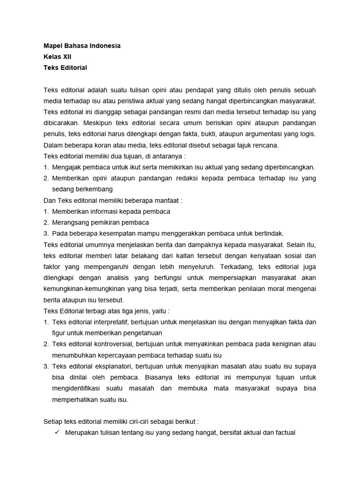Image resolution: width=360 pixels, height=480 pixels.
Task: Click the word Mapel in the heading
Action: [x=53, y=46]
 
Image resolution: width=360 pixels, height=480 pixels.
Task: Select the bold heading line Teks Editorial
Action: [x=65, y=67]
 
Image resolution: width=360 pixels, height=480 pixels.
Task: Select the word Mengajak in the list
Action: [x=66, y=167]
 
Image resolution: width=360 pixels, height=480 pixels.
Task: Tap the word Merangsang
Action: [x=70, y=222]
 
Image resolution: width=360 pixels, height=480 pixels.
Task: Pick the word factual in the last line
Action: [x=283, y=433]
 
